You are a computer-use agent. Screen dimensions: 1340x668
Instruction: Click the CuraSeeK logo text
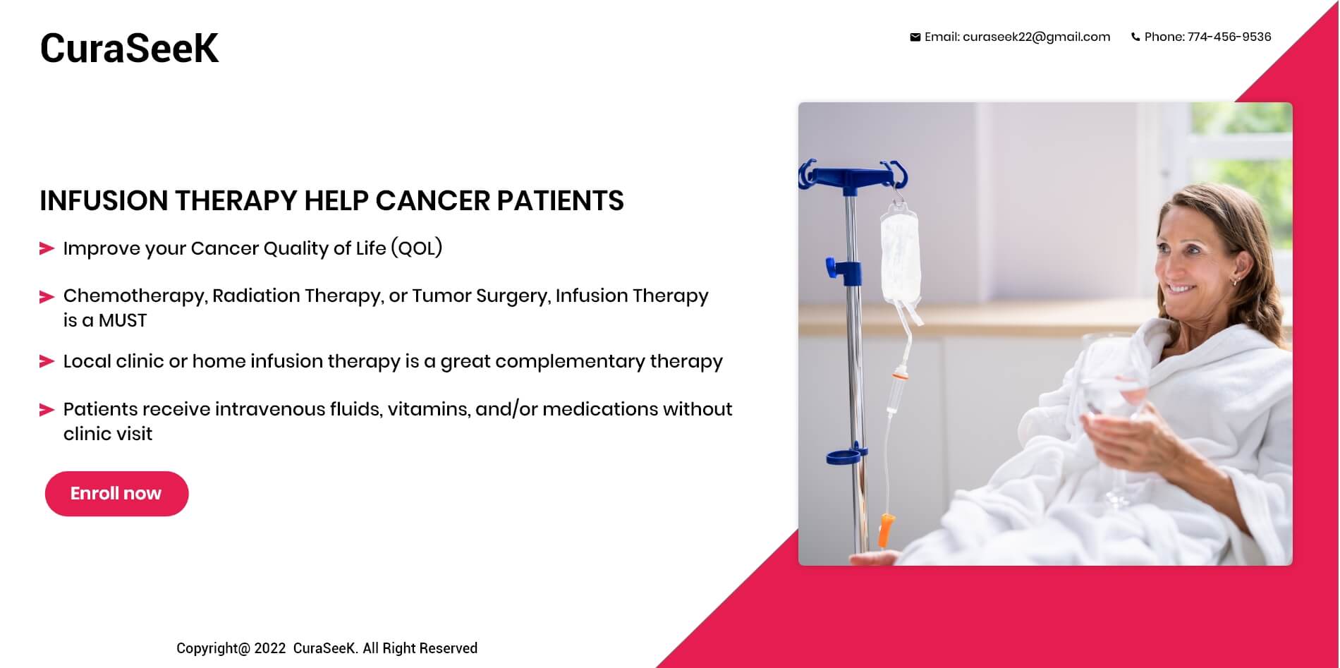click(x=129, y=48)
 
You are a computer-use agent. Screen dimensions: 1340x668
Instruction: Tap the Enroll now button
click(x=116, y=494)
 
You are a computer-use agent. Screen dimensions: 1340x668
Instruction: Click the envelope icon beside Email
click(x=915, y=37)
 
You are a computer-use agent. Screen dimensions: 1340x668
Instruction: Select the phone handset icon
click(x=1135, y=37)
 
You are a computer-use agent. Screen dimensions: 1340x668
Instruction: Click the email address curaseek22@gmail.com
click(x=1036, y=37)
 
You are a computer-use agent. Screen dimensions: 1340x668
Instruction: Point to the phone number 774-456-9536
click(x=1229, y=37)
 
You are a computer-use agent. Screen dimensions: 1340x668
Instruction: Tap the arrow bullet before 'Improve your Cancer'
click(x=47, y=248)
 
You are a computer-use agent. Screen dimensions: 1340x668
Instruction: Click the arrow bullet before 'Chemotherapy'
click(x=47, y=297)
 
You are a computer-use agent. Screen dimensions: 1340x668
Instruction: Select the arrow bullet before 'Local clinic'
click(x=47, y=362)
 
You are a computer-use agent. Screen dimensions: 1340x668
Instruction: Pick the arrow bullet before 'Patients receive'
click(x=47, y=410)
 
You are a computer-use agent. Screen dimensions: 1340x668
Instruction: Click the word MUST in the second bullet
click(x=123, y=321)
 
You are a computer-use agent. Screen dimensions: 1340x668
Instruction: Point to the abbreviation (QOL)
click(x=416, y=248)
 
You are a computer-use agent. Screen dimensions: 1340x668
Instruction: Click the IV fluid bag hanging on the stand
click(x=900, y=254)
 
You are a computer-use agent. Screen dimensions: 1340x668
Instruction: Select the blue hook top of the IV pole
click(x=853, y=176)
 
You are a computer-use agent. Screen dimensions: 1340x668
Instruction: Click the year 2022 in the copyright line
click(x=270, y=648)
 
